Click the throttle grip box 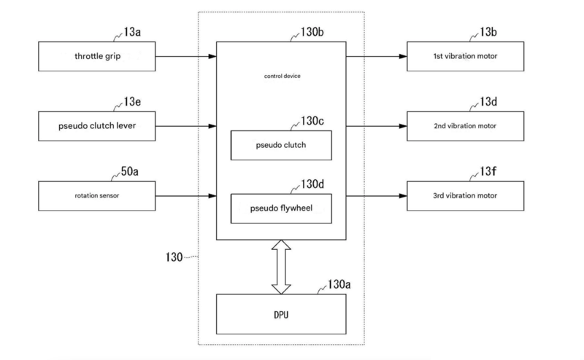click(97, 56)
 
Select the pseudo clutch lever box click(97, 126)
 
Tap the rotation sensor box click(97, 196)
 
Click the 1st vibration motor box click(465, 56)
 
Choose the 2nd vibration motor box click(465, 126)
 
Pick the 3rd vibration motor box click(465, 196)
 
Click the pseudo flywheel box click(281, 208)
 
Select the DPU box click(281, 314)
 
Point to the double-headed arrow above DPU click(281, 267)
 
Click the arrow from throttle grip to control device click(186, 57)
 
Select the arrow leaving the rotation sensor click(186, 196)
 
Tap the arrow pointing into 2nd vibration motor click(377, 126)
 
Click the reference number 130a click(339, 284)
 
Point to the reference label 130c click(312, 121)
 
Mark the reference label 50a click(129, 171)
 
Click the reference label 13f click(488, 171)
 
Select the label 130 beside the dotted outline click(174, 257)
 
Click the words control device click(283, 77)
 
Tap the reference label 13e click(132, 101)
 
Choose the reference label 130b click(312, 32)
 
